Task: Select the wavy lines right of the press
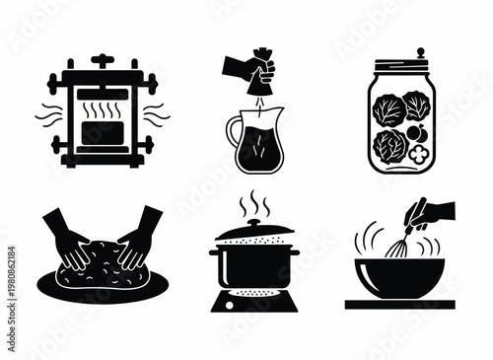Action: [x=159, y=116]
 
